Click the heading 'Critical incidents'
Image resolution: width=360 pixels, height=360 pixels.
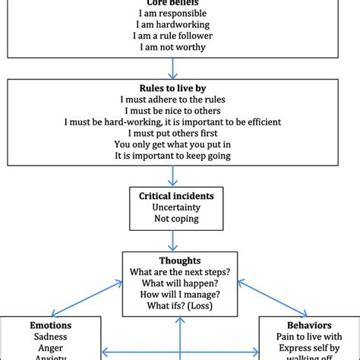[x=175, y=196]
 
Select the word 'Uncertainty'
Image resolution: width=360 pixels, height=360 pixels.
[x=175, y=208]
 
